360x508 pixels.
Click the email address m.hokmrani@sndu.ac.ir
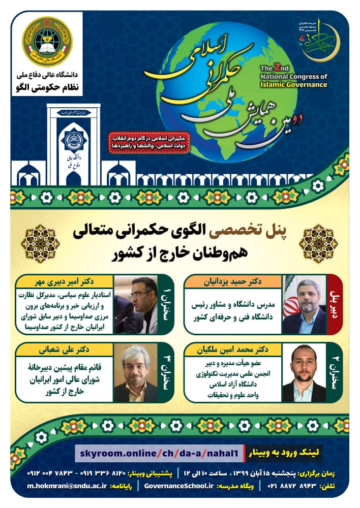click(x=63, y=486)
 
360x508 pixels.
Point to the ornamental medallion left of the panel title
click(x=40, y=243)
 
